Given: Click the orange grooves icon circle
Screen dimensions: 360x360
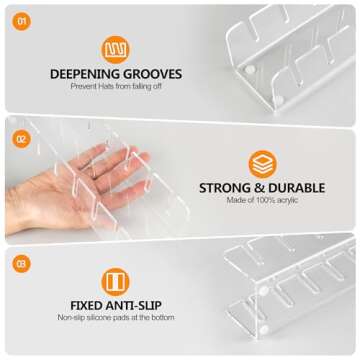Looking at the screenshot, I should click(x=116, y=49).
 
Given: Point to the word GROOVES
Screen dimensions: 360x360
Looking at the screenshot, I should click(x=152, y=74).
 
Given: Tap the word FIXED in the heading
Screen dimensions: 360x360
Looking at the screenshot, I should click(x=90, y=305).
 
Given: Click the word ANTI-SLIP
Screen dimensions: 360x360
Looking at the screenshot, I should click(x=139, y=305).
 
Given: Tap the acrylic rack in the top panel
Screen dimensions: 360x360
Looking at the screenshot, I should click(x=290, y=50).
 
